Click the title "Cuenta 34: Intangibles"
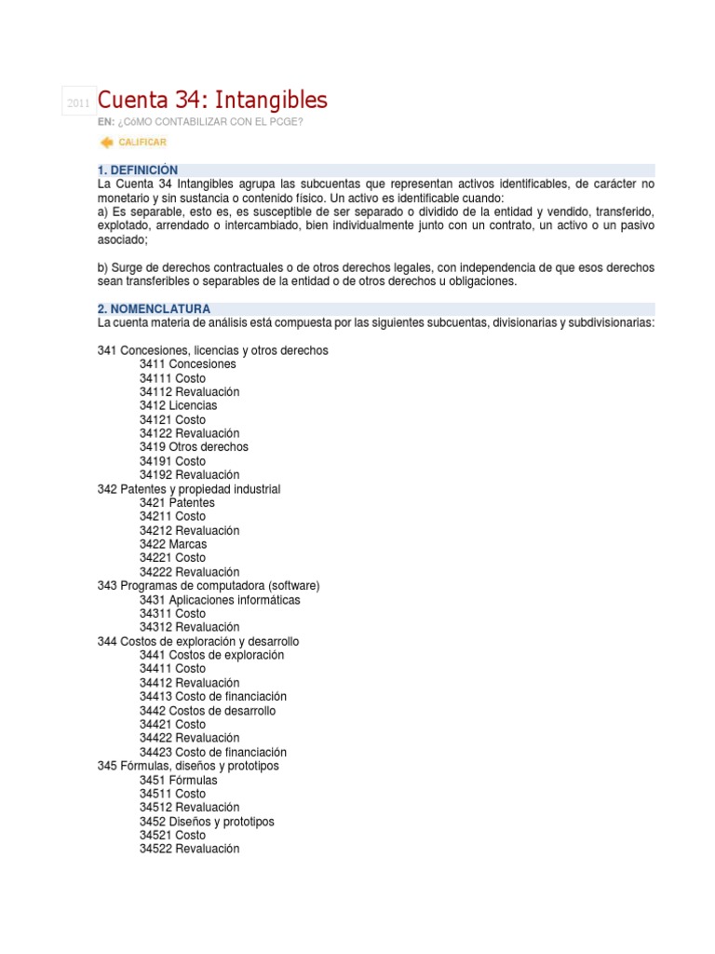pyautogui.click(x=212, y=100)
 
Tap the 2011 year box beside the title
pyautogui.click(x=77, y=102)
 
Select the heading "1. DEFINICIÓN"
pyautogui.click(x=137, y=170)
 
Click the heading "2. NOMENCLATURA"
pyautogui.click(x=154, y=308)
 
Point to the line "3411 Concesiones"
pyautogui.click(x=188, y=364)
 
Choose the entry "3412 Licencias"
pyautogui.click(x=179, y=406)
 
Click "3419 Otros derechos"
pyautogui.click(x=194, y=447)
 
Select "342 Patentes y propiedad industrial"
pyautogui.click(x=188, y=489)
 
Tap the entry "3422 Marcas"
pyautogui.click(x=173, y=544)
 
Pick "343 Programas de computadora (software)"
pyautogui.click(x=209, y=586)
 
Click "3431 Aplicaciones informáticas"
pyautogui.click(x=220, y=600)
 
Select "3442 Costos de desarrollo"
pyautogui.click(x=208, y=711)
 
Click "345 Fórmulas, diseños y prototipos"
pyautogui.click(x=188, y=766)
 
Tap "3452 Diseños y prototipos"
pyautogui.click(x=207, y=822)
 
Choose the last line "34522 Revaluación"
pyautogui.click(x=190, y=849)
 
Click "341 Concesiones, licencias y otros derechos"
pyautogui.click(x=212, y=350)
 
